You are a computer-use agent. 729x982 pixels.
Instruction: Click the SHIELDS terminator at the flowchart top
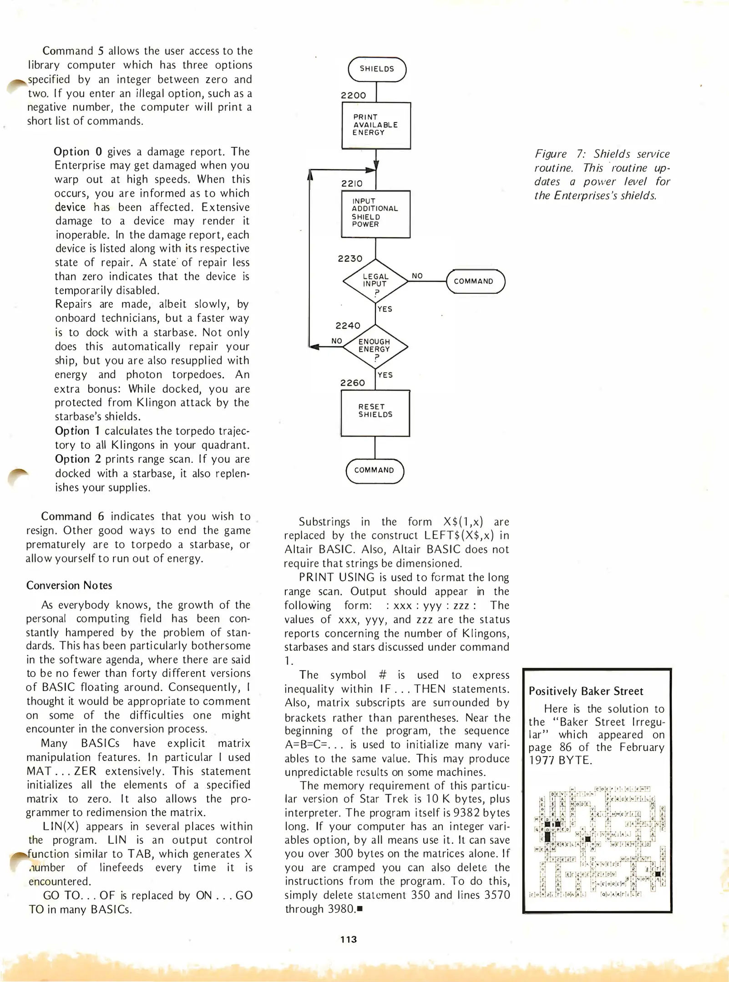coord(377,69)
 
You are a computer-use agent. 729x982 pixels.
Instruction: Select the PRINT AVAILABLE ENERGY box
coord(376,125)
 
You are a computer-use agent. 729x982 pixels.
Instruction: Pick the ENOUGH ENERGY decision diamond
coord(375,347)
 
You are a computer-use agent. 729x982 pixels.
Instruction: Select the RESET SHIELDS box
coord(375,412)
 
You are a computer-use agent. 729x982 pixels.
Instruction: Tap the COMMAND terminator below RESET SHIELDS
coord(375,471)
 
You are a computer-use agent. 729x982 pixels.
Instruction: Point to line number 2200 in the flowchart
coord(354,95)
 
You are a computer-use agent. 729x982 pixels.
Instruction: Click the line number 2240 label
coord(348,326)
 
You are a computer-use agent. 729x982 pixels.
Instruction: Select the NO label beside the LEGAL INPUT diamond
coord(417,276)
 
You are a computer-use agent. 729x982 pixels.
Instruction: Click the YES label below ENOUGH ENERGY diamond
coord(385,375)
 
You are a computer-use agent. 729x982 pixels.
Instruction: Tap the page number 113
coord(349,939)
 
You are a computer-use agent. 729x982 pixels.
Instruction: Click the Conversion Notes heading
coord(69,586)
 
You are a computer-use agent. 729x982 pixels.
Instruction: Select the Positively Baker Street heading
coord(586,691)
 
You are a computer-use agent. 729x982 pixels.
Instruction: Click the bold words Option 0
coord(77,152)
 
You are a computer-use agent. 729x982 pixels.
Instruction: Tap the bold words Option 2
coord(78,459)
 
